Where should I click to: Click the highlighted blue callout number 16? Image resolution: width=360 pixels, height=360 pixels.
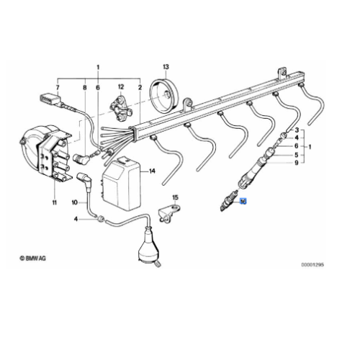click(243, 202)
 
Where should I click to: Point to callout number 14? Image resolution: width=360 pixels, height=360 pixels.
click(152, 171)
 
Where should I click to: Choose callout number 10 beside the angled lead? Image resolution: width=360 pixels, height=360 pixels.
click(73, 204)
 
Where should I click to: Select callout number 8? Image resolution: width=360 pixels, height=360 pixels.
click(84, 86)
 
